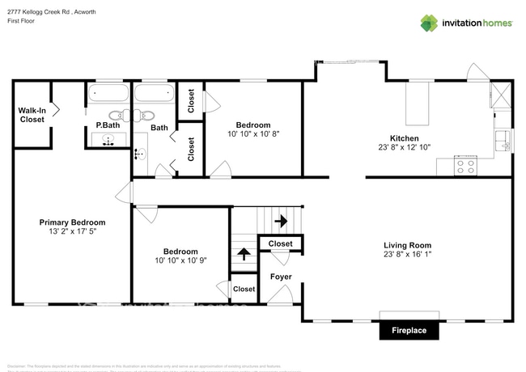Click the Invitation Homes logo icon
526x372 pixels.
pyautogui.click(x=429, y=23)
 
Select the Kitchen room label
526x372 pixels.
pyautogui.click(x=403, y=138)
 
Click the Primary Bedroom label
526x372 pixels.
pyautogui.click(x=72, y=222)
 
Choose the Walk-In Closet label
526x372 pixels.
pyautogui.click(x=32, y=115)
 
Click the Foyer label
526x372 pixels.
pyautogui.click(x=281, y=277)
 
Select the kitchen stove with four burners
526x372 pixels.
pyautogui.click(x=466, y=166)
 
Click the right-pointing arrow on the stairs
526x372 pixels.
pyautogui.click(x=281, y=220)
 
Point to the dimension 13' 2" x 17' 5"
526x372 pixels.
pyautogui.click(x=72, y=233)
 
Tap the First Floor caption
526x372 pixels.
pyautogui.click(x=21, y=20)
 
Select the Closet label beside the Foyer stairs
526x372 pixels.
pyautogui.click(x=280, y=243)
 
